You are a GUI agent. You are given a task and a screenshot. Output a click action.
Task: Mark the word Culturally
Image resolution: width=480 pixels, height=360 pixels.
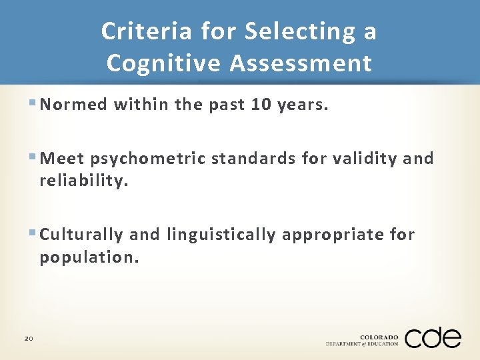(x=81, y=235)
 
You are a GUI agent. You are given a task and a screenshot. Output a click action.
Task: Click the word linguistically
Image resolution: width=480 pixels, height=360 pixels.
(x=221, y=235)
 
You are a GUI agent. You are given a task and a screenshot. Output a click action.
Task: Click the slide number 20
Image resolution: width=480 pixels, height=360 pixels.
(x=29, y=339)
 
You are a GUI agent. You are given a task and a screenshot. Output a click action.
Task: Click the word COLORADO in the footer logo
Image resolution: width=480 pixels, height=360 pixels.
(x=379, y=336)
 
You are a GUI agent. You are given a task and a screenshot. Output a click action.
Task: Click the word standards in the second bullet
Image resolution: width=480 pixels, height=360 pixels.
(x=253, y=159)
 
